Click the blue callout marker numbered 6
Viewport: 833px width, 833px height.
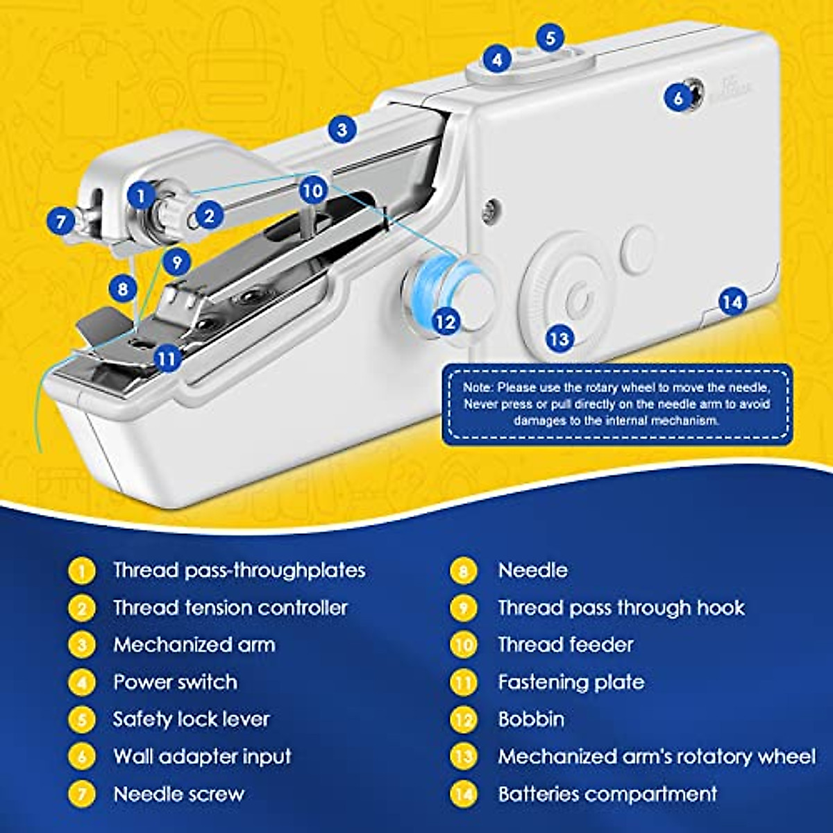pyautogui.click(x=678, y=98)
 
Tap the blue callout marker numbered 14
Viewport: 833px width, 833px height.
pyautogui.click(x=732, y=302)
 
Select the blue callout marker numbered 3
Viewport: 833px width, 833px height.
pyautogui.click(x=342, y=129)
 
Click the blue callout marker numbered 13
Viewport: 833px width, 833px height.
pyautogui.click(x=559, y=339)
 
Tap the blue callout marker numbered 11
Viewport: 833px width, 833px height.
pyautogui.click(x=166, y=358)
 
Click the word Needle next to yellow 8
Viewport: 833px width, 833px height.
pyautogui.click(x=532, y=571)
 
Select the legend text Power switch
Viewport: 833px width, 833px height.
pyautogui.click(x=175, y=682)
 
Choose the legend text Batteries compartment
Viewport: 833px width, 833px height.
pyautogui.click(x=607, y=793)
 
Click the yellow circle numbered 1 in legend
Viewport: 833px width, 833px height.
pyautogui.click(x=82, y=571)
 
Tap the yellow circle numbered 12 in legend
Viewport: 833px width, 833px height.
pyautogui.click(x=463, y=719)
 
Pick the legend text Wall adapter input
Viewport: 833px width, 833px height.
pyautogui.click(x=202, y=756)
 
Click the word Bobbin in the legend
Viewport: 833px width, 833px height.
pyautogui.click(x=531, y=719)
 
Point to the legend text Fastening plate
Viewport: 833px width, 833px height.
pyautogui.click(x=571, y=682)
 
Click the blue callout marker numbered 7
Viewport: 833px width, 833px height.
pyautogui.click(x=61, y=222)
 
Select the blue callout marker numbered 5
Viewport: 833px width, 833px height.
pyautogui.click(x=550, y=37)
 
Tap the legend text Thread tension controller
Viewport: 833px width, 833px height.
pyautogui.click(x=230, y=607)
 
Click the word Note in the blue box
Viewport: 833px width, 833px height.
pyautogui.click(x=476, y=388)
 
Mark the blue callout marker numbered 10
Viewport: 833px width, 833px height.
pyautogui.click(x=313, y=190)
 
